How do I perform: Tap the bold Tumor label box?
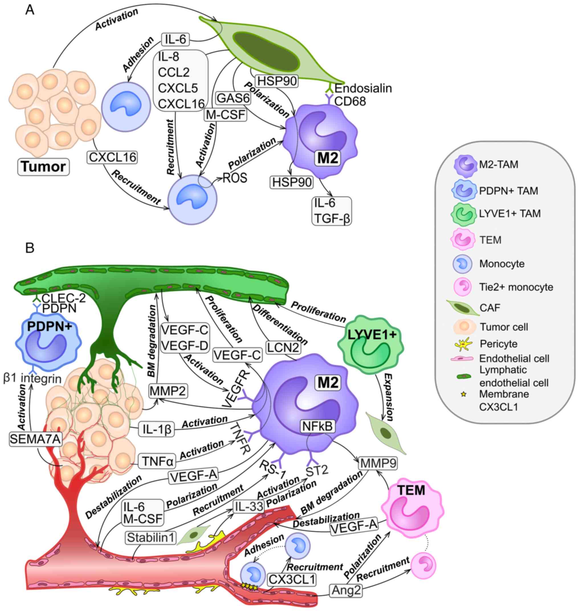pos(43,167)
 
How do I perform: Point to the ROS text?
pos(235,178)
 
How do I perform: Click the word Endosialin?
pos(363,89)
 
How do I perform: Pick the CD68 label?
pos(350,101)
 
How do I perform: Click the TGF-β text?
pos(332,219)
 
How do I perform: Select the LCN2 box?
pos(283,348)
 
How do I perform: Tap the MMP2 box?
pos(168,391)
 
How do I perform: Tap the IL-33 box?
pos(249,506)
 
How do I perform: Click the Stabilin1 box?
pos(151,538)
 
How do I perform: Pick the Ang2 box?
pos(346,590)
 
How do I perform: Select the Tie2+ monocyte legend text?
pos(516,287)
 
